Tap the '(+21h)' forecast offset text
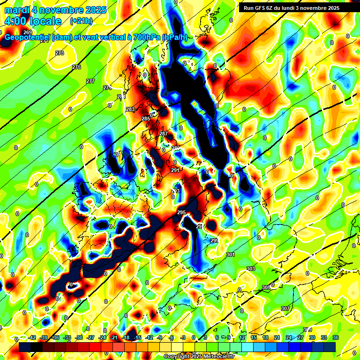pos(81,21)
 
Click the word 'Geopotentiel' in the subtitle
pos(27,37)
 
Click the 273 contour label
pos(60,53)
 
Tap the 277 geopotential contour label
pos(90,81)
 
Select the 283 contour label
pos(130,109)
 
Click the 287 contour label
pos(163,134)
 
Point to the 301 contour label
pos(230,255)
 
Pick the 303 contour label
pos(251,269)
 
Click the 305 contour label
pos(266,287)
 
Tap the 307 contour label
pos(285,308)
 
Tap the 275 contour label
pos(76,67)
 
